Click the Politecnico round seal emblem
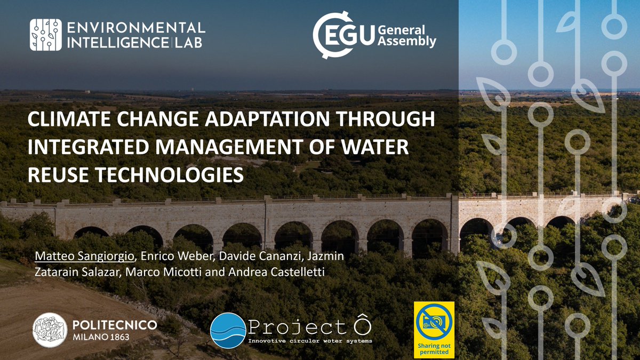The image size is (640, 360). (x=50, y=330)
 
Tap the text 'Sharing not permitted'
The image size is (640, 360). (x=434, y=349)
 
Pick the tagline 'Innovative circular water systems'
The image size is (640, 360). (x=310, y=341)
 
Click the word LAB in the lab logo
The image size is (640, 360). (x=188, y=42)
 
